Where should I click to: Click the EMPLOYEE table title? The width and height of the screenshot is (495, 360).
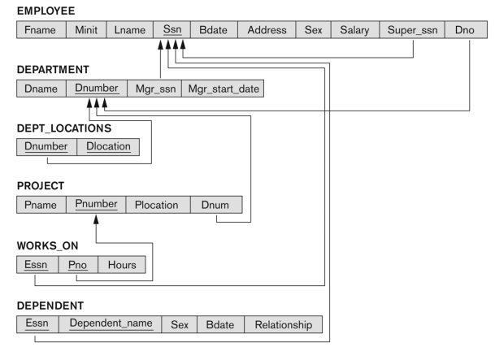(x=46, y=11)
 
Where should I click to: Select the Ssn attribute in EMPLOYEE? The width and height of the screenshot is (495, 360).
(x=172, y=29)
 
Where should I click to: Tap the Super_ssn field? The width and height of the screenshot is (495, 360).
(x=412, y=30)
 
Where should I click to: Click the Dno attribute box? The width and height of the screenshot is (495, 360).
(x=466, y=30)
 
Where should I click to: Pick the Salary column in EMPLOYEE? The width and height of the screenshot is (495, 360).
(x=355, y=30)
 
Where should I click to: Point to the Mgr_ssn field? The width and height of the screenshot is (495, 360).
(x=154, y=89)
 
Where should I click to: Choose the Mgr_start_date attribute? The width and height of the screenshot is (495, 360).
(x=223, y=89)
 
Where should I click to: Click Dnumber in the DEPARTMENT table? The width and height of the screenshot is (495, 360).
(x=97, y=89)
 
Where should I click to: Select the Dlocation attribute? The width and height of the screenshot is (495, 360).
(x=108, y=147)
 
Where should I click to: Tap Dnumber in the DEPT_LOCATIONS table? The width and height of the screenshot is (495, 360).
(x=46, y=147)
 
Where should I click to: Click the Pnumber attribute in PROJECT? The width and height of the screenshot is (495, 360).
(x=96, y=205)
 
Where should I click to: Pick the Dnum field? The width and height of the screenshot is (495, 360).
(x=216, y=205)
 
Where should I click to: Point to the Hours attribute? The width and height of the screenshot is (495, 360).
(x=122, y=265)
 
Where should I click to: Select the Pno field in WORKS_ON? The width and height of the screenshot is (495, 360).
(x=78, y=265)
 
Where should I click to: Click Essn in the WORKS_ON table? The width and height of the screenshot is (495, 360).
(x=37, y=265)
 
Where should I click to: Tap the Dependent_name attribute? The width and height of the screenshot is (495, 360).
(x=111, y=324)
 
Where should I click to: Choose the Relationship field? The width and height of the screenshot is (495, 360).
(x=284, y=324)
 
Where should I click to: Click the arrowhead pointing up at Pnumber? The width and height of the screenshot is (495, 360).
(x=96, y=219)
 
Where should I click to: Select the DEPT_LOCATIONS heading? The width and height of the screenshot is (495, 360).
(x=64, y=128)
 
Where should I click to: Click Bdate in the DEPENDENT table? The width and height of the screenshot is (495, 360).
(x=220, y=324)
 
